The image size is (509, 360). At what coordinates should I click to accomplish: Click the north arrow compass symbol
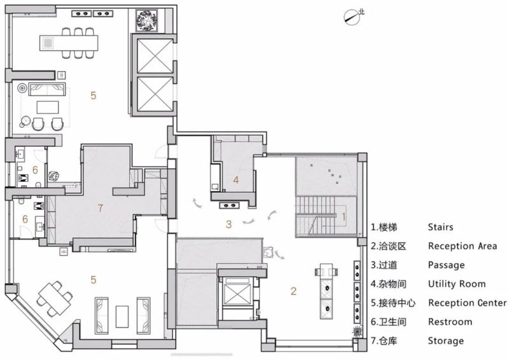[352, 17]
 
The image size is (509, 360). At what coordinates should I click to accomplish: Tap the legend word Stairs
[440, 227]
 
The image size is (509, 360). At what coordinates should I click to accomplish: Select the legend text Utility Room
[457, 284]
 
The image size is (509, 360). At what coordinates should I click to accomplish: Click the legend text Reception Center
[467, 303]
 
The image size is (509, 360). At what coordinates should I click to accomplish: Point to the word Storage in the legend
[446, 341]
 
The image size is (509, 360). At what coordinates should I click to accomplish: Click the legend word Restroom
[450, 322]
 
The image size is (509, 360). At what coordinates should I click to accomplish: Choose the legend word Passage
[447, 265]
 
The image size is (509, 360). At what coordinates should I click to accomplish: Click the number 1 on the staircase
[344, 216]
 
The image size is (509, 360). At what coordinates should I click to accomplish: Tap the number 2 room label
[293, 291]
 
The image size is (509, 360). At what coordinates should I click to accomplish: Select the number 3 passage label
[229, 224]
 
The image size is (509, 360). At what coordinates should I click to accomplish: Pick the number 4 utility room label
[236, 180]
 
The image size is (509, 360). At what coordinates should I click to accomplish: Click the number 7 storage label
[101, 208]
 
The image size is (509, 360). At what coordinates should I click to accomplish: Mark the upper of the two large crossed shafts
[155, 56]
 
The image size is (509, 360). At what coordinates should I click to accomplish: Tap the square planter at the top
[147, 21]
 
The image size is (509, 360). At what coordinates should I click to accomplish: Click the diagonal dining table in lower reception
[55, 299]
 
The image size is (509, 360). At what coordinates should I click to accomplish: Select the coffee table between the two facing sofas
[122, 316]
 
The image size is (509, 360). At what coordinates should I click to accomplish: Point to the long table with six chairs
[69, 43]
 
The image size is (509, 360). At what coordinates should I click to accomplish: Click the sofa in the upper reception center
[47, 89]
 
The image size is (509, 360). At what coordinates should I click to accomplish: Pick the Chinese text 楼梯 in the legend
[388, 227]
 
